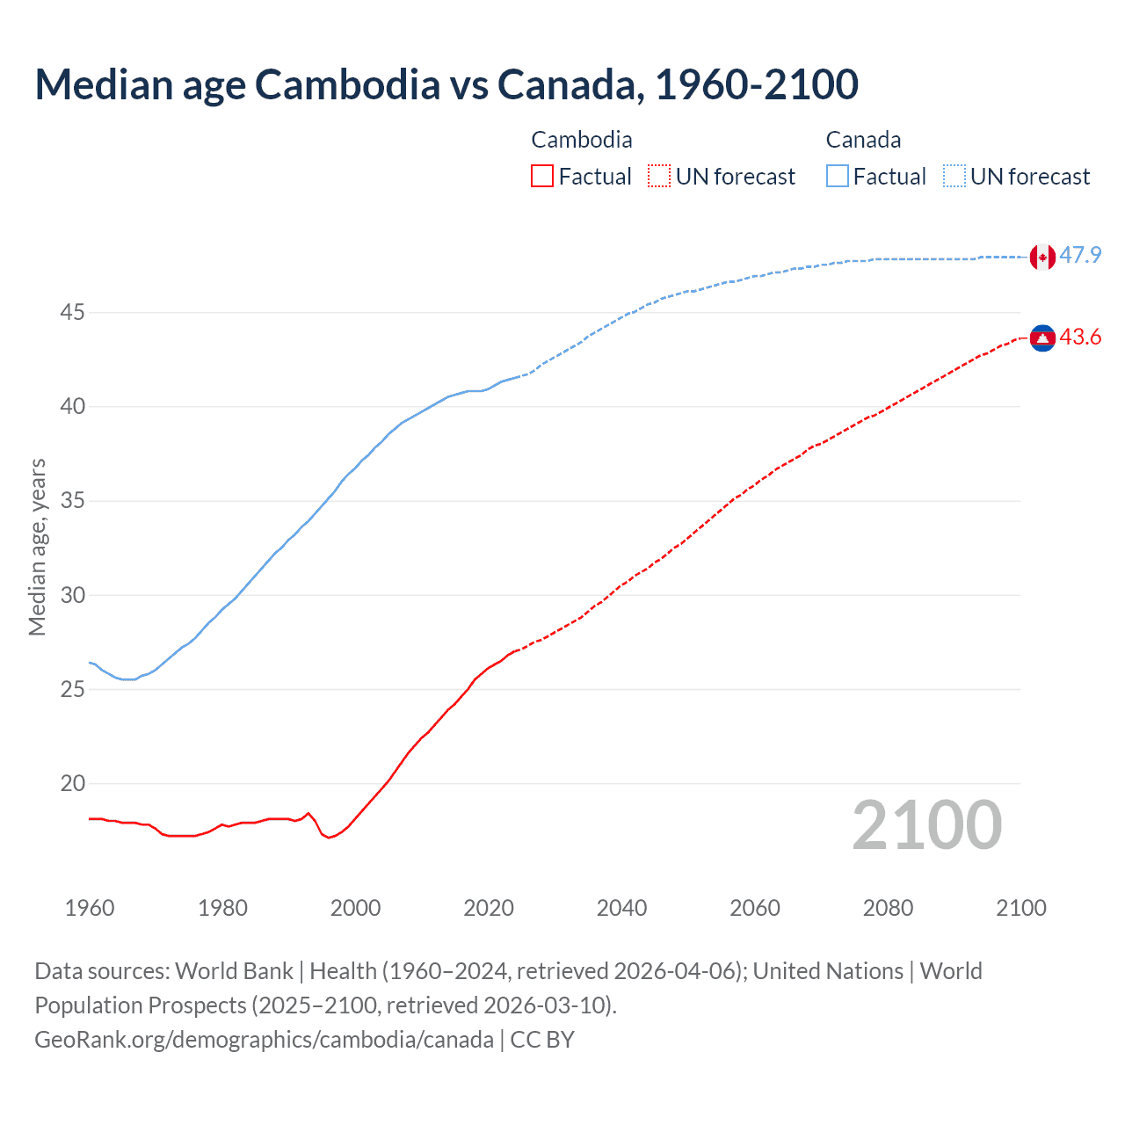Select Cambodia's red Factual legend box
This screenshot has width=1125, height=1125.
(x=542, y=176)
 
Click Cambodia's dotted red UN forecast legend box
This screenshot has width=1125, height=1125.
(x=659, y=176)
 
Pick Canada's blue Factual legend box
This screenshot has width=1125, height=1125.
(x=838, y=176)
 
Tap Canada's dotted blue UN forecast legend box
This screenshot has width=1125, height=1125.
(x=954, y=176)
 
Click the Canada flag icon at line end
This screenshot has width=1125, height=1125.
(x=1042, y=257)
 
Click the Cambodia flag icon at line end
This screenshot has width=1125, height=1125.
(x=1042, y=338)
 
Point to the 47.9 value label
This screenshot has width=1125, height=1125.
(x=1080, y=256)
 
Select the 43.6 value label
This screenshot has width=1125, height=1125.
(x=1080, y=337)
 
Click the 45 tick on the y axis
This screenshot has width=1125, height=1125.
(x=73, y=313)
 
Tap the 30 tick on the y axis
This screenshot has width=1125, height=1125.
(x=73, y=595)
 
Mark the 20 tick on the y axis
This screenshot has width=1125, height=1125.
(x=73, y=783)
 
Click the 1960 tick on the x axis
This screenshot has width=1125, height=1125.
(x=90, y=908)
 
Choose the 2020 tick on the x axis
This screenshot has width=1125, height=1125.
(x=489, y=908)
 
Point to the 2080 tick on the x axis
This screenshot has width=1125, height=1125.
(x=888, y=908)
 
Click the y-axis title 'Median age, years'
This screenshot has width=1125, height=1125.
(x=37, y=547)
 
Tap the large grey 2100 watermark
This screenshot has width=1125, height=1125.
(x=926, y=824)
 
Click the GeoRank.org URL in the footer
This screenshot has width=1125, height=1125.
(x=264, y=1040)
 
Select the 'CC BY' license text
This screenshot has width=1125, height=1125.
(x=542, y=1040)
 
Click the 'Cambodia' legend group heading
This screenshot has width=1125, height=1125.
(x=582, y=140)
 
